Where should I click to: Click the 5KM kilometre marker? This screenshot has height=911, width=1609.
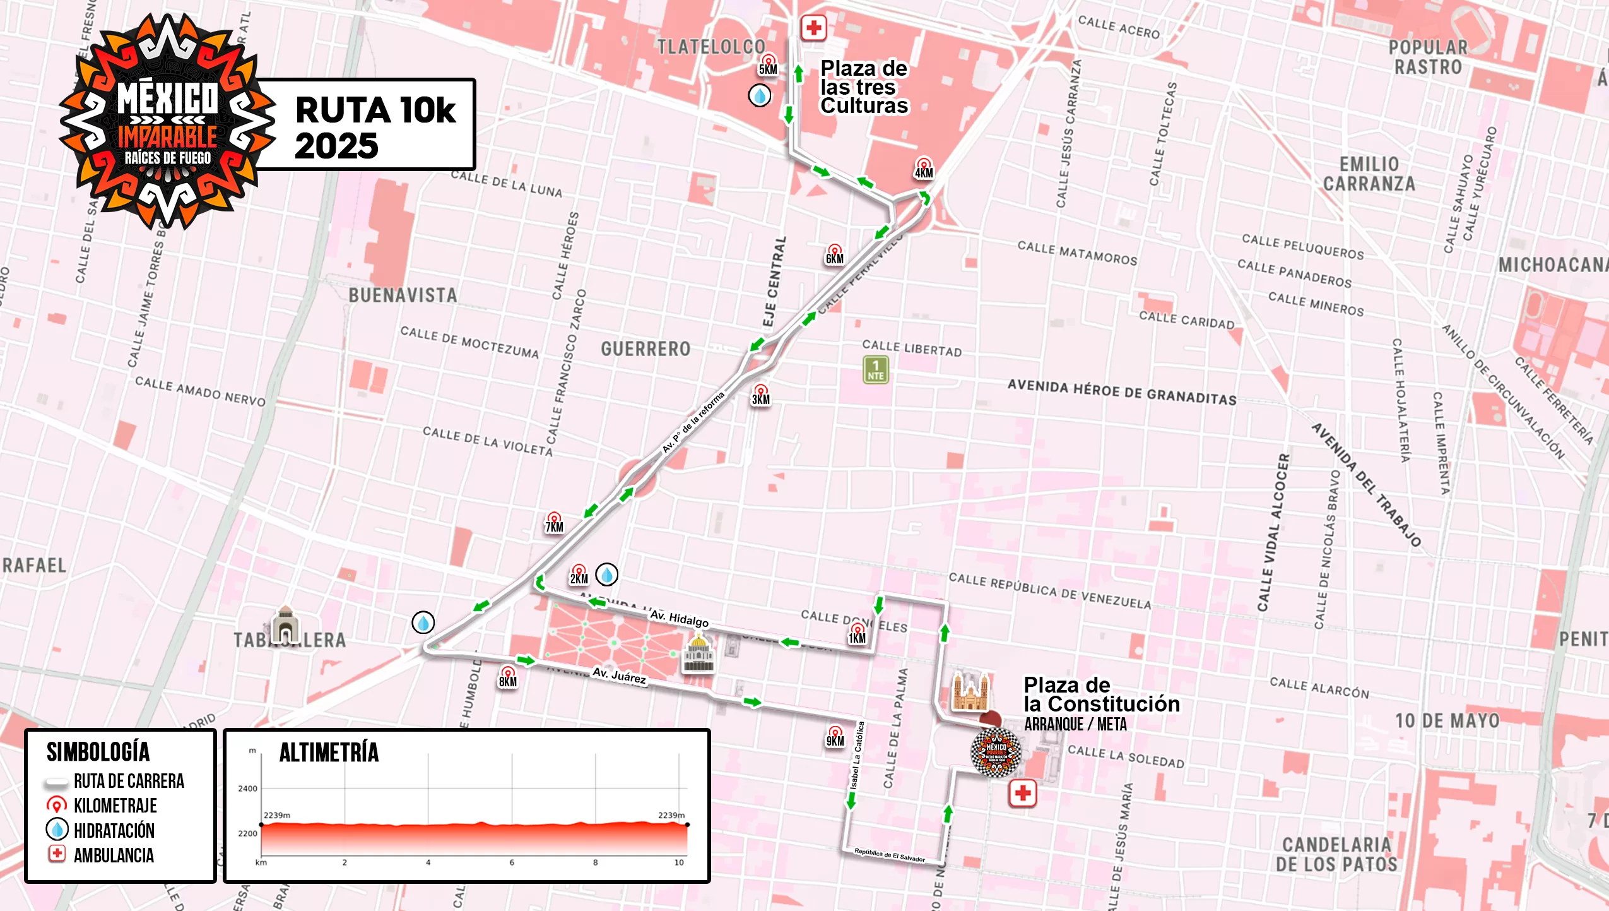point(768,66)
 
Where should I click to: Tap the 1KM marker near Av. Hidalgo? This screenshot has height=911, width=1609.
point(857,634)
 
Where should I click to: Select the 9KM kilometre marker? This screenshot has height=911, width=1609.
point(835,737)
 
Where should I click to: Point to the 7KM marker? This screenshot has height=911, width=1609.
point(553,523)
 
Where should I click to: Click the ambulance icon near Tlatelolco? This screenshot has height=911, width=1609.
point(813,28)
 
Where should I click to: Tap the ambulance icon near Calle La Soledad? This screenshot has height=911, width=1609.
point(1022,793)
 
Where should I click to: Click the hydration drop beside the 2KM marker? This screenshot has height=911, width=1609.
point(606,575)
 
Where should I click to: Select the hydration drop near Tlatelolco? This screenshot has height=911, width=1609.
point(759,96)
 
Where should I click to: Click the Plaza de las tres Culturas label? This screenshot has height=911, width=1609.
point(863,87)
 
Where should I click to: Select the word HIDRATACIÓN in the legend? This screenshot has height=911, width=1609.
point(114,830)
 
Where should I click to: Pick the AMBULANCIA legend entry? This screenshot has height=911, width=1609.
point(114,855)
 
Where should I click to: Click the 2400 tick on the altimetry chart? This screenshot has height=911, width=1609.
point(247,789)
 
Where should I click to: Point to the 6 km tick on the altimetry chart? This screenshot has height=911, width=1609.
point(511,862)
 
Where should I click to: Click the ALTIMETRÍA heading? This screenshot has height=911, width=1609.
point(329,753)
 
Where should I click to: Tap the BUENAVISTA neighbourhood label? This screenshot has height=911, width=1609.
point(403,295)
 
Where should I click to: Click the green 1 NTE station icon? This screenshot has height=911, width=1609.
point(875,370)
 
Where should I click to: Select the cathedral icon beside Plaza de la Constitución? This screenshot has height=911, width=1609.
point(970,692)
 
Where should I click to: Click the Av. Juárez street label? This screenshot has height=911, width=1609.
point(619,676)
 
